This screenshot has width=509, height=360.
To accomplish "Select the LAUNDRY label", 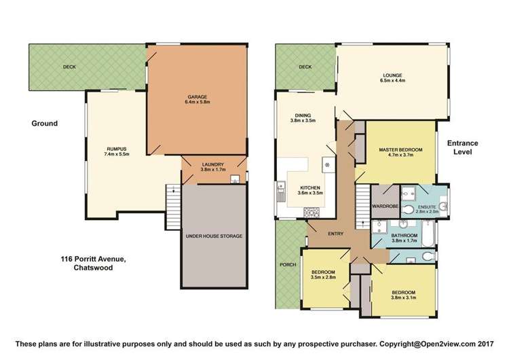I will coord(213,164).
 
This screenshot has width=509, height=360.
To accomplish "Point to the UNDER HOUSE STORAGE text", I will coord(214,236).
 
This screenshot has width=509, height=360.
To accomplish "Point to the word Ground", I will coord(44,124).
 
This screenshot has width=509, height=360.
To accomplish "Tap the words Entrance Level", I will coord(463,147).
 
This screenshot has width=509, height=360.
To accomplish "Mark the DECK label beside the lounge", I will coord(305,67).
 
